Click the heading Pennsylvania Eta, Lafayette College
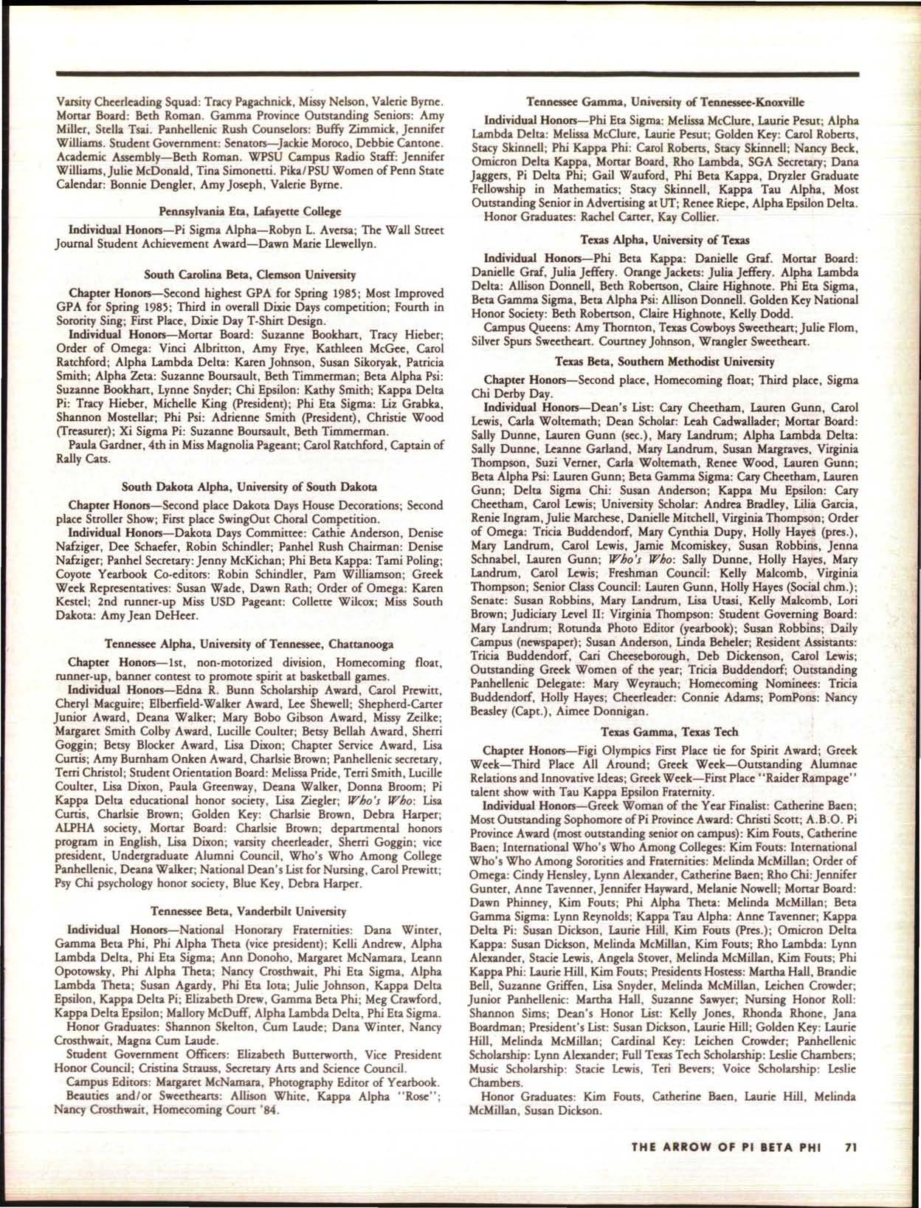click(249, 213)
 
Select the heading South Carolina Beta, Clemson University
click(249, 275)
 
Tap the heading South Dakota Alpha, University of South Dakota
click(249, 487)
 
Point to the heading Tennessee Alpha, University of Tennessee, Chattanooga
click(249, 644)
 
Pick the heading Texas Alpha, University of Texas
click(665, 240)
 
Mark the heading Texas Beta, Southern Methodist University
click(665, 362)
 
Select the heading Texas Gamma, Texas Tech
click(665, 731)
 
